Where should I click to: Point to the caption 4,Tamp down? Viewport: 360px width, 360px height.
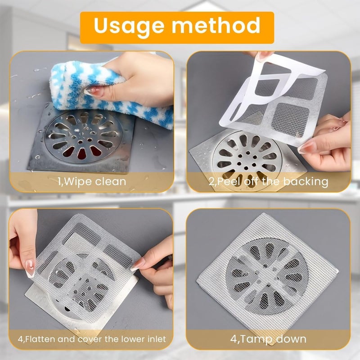tap(269, 339)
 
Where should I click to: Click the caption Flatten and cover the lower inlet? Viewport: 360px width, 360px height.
tap(93, 339)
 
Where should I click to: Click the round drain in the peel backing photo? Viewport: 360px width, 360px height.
tap(245, 157)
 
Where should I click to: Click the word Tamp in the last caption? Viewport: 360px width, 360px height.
tap(257, 339)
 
